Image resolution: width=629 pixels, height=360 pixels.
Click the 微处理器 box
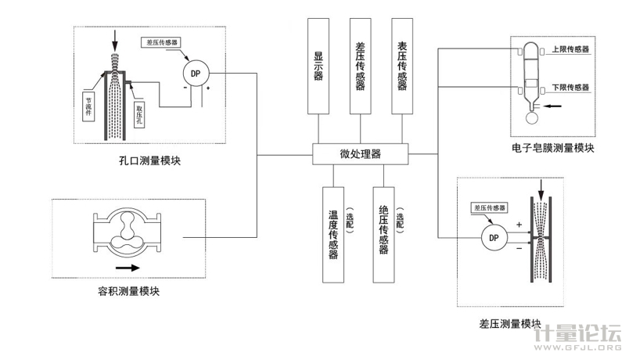359,154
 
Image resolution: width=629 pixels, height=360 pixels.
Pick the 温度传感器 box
332,233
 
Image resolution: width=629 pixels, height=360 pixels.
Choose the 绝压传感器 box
383,233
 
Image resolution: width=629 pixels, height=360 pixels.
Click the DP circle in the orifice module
194,74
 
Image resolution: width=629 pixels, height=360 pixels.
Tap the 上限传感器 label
570,49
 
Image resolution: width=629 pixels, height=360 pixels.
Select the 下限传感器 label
570,87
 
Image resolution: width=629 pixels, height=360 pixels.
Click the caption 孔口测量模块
150,161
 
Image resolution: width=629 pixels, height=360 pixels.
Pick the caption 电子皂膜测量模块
553,147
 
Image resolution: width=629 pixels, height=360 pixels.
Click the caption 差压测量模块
510,323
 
